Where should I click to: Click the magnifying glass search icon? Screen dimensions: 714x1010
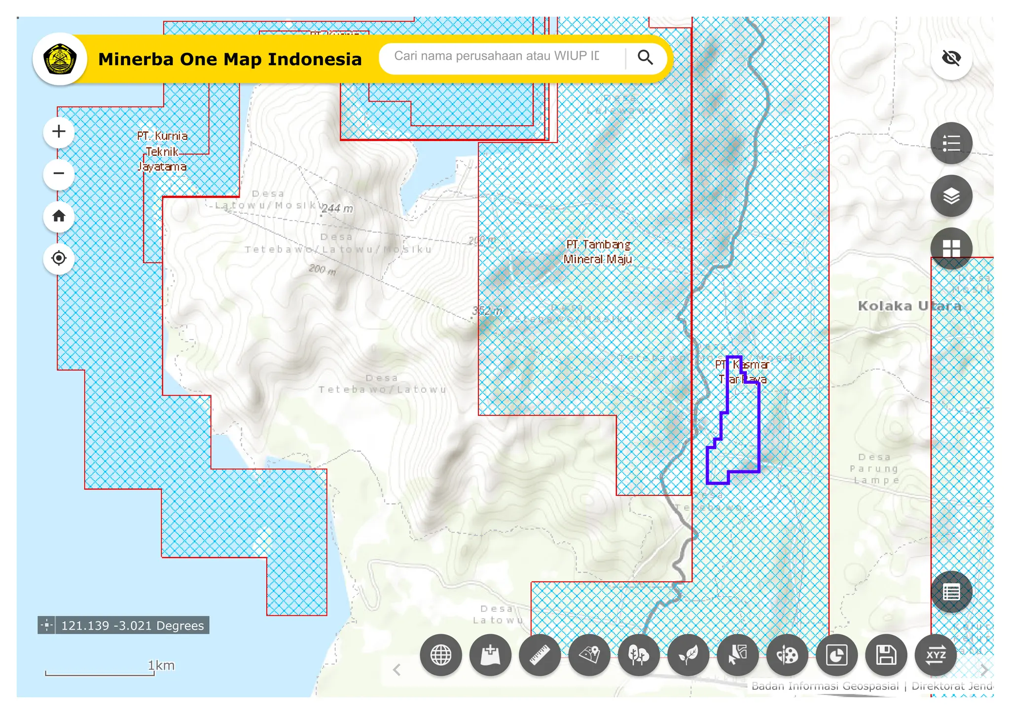[645, 57]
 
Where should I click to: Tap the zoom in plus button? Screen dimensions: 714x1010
[59, 132]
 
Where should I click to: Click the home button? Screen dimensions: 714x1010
[59, 216]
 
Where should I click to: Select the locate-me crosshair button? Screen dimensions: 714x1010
[59, 258]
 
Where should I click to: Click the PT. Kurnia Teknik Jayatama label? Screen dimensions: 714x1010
[162, 151]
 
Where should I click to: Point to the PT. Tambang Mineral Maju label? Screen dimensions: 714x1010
[598, 252]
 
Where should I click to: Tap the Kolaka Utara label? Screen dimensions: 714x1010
[909, 306]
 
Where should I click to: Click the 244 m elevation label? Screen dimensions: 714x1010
[337, 208]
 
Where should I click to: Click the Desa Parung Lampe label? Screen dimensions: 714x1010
[874, 469]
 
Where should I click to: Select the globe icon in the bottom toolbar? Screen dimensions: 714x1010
[441, 655]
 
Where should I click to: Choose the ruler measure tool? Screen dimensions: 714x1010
[540, 655]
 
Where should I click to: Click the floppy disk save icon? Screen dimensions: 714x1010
[886, 655]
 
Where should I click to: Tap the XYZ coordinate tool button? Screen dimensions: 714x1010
[936, 655]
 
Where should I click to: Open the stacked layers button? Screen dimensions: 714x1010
[951, 196]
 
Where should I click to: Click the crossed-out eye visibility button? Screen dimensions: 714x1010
[951, 58]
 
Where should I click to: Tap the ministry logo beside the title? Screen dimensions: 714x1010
[60, 59]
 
